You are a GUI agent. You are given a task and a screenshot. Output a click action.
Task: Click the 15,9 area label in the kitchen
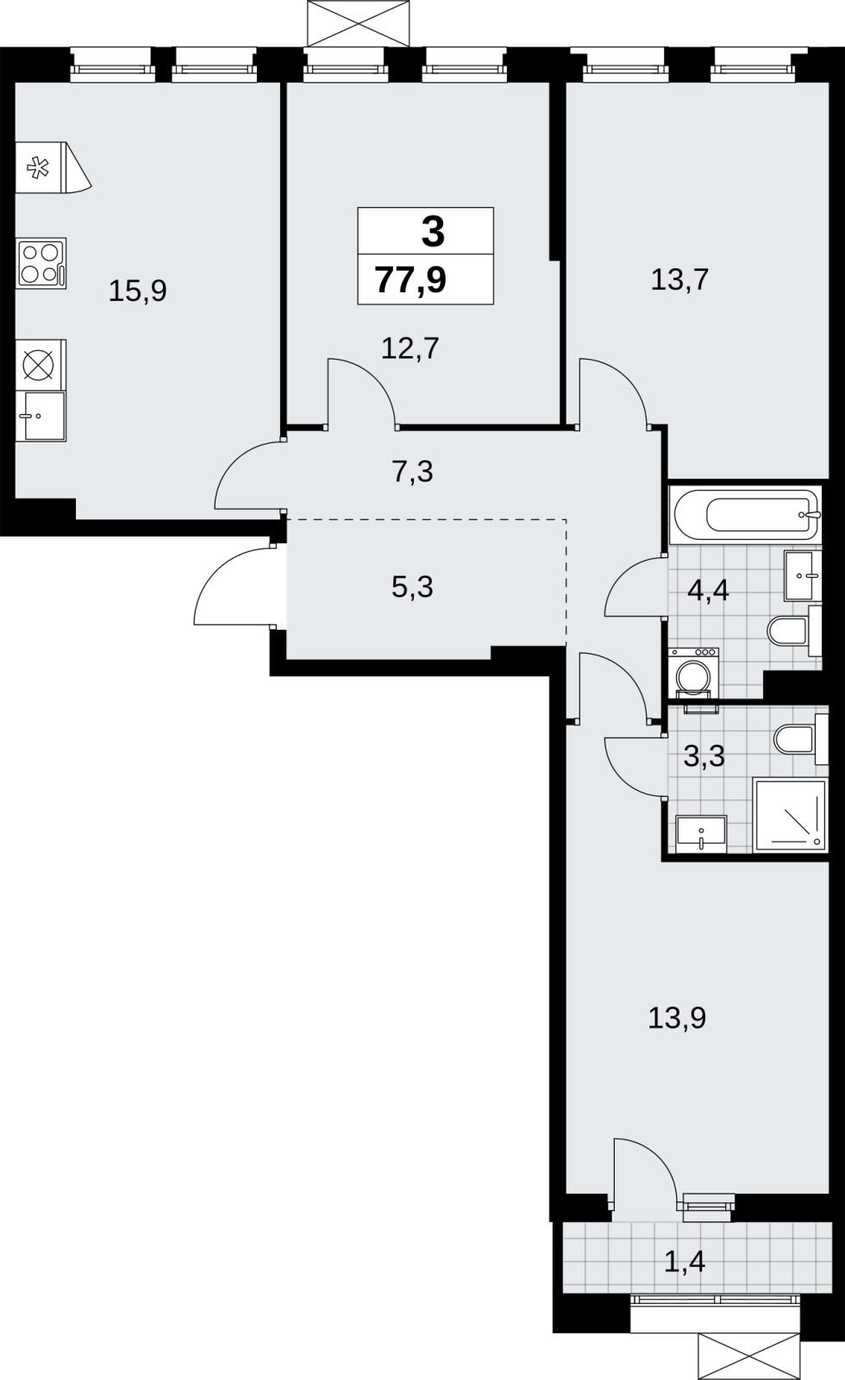click(137, 291)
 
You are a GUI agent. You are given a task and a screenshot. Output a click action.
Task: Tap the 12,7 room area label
click(410, 348)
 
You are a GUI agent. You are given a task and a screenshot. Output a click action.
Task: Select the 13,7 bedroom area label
click(680, 279)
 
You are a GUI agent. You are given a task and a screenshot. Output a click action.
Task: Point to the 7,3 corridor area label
click(413, 472)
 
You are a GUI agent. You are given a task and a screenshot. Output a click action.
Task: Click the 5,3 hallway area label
click(412, 587)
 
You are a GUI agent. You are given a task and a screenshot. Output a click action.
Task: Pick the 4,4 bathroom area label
click(708, 591)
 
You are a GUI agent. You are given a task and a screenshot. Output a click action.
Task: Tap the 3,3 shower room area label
click(704, 756)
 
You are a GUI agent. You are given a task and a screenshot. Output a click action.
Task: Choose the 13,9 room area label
click(677, 1019)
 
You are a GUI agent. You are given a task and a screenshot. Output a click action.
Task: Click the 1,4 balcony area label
click(685, 1263)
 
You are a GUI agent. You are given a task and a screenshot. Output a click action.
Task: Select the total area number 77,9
click(410, 280)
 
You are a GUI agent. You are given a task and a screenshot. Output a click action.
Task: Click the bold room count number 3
click(433, 233)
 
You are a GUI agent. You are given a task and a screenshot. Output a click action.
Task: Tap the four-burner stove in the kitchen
click(41, 264)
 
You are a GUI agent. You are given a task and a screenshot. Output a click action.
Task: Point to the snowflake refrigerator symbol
click(38, 167)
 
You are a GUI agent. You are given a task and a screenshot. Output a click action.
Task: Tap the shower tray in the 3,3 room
click(790, 815)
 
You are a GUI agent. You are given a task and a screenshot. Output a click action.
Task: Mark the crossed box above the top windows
click(358, 23)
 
